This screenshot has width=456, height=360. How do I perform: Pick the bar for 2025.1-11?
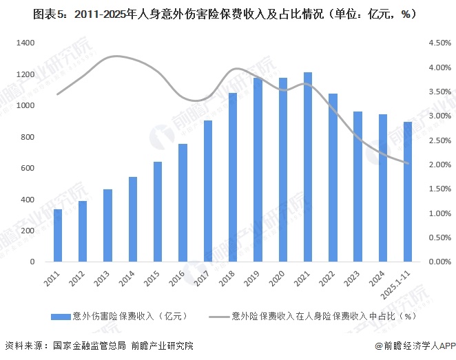(408, 192)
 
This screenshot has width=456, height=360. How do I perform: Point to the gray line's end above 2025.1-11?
(408, 163)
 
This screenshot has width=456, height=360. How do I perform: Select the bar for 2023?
(357, 187)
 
